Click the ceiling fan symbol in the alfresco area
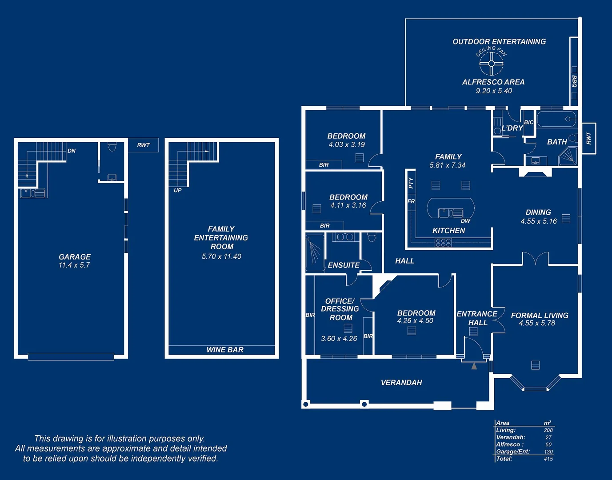491,63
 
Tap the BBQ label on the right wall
574,81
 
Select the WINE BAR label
225,350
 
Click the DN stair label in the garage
72,151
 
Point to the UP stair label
178,190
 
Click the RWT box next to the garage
143,145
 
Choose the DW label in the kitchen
465,221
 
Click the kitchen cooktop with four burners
443,243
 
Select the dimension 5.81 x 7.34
448,165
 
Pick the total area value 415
548,459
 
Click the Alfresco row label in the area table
510,444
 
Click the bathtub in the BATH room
556,120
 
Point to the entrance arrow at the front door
474,366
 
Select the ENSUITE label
344,265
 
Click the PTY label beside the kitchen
411,183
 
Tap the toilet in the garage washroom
112,147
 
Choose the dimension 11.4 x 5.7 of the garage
74,265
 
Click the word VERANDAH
401,383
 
